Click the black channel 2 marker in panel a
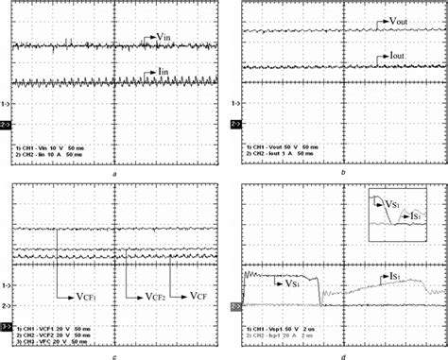click(6, 124)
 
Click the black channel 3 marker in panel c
click(6, 326)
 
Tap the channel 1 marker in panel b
click(238, 102)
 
